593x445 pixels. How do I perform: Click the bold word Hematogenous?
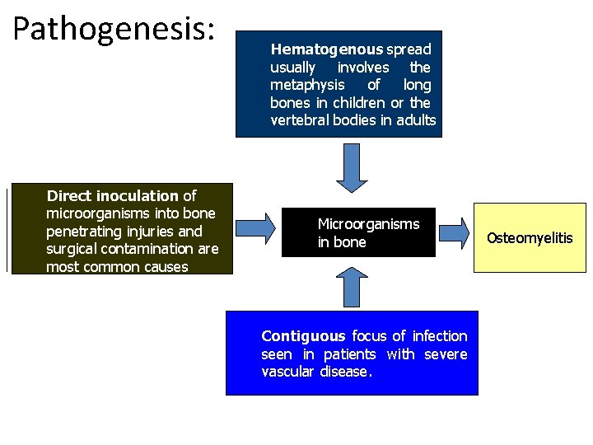tap(327, 49)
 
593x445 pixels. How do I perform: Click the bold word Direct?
tap(69, 196)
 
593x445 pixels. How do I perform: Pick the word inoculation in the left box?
tap(138, 196)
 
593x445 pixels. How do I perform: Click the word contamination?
tap(152, 249)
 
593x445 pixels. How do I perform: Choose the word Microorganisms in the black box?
tap(368, 224)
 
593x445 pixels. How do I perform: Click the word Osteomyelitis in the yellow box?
tap(529, 238)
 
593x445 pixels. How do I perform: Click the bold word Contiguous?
tap(303, 336)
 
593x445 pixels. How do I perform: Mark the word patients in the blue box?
tap(349, 354)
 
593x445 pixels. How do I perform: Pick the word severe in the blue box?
tap(446, 354)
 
